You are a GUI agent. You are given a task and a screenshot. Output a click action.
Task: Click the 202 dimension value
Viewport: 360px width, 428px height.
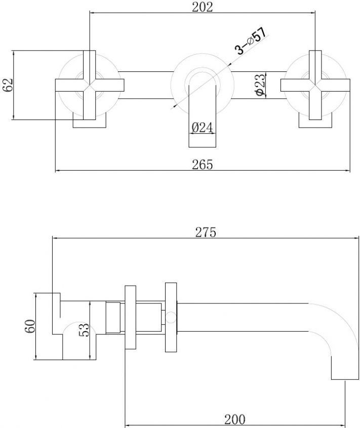pyautogui.click(x=202, y=7)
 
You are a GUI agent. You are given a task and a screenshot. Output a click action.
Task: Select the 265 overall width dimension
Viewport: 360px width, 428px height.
pyautogui.click(x=202, y=165)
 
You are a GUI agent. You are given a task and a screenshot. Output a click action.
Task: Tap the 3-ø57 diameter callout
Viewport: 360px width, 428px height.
pyautogui.click(x=251, y=41)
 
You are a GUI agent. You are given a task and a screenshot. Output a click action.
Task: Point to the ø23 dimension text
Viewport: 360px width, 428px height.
pyautogui.click(x=261, y=85)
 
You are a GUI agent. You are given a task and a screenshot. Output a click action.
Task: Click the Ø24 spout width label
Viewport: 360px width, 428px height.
pyautogui.click(x=202, y=128)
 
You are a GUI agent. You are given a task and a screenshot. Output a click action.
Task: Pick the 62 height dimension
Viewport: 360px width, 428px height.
pyautogui.click(x=8, y=85)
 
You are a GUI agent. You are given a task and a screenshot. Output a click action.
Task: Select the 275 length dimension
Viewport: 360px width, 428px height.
pyautogui.click(x=206, y=232)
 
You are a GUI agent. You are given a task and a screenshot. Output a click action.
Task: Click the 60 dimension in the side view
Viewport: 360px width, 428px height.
pyautogui.click(x=30, y=326)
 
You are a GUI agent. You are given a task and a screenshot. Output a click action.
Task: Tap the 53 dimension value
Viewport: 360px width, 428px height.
pyautogui.click(x=85, y=330)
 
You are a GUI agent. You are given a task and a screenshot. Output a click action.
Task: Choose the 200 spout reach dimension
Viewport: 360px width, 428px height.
pyautogui.click(x=235, y=419)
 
